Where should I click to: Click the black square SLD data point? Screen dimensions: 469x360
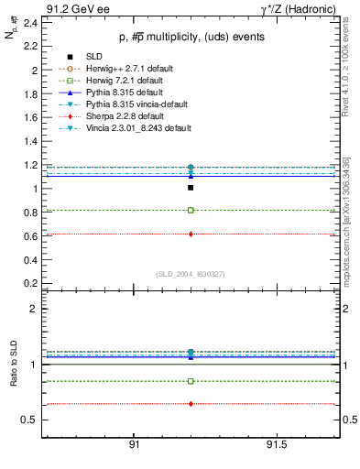(191, 188)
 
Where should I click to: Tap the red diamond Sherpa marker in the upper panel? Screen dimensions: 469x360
(191, 234)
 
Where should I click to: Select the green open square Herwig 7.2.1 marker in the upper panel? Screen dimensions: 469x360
(191, 210)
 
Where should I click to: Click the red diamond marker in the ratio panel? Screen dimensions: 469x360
(191, 403)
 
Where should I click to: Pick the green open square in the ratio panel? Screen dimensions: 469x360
(191, 381)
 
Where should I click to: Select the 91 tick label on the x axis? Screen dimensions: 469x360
(134, 446)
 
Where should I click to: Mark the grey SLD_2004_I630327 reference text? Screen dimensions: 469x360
(191, 274)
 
